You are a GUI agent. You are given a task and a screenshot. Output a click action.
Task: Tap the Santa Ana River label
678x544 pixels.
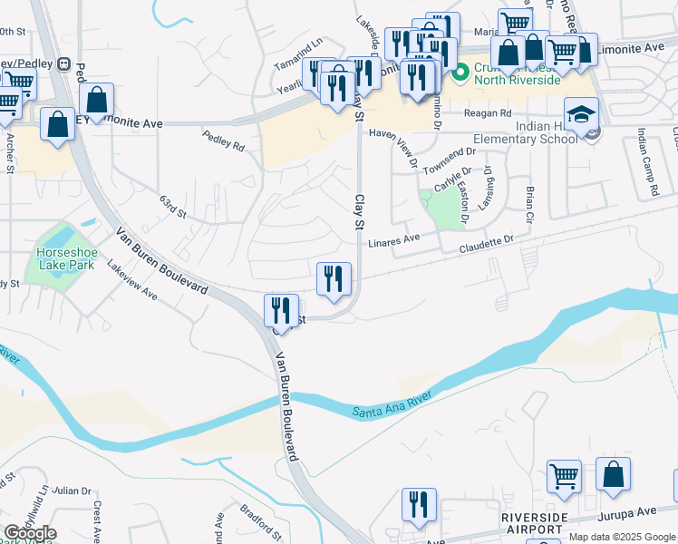pos(392,406)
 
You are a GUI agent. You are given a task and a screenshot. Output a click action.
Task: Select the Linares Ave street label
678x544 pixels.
pos(394,239)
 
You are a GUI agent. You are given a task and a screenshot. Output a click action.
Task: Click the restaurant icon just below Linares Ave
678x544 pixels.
pos(334,278)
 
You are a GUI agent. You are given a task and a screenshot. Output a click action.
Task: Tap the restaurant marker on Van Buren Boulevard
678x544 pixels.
pos(281,310)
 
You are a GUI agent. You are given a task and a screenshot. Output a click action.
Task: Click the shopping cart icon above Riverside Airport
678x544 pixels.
pos(564,475)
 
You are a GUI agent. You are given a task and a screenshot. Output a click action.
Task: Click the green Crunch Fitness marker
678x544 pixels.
pos(460,71)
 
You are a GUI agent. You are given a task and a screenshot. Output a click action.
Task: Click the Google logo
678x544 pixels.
pos(31,533)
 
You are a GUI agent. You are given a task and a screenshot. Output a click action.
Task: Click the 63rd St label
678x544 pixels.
pos(172,207)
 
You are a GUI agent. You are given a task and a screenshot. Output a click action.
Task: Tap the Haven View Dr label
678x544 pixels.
pos(393,148)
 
